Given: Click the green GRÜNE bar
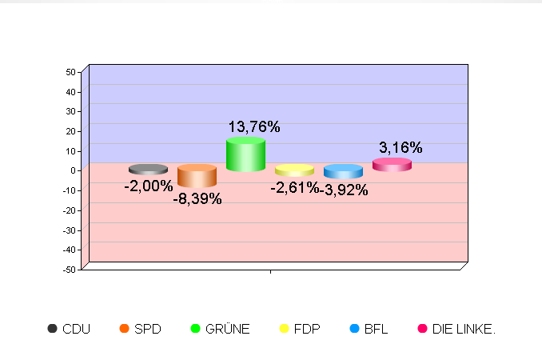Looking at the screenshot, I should coord(245,154).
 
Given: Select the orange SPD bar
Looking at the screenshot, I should coord(197,176).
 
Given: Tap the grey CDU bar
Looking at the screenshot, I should coord(148,170).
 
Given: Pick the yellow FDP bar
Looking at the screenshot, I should coord(294,170).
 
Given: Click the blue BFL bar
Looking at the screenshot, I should coord(343,171).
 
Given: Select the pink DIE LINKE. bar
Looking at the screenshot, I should coord(392,165).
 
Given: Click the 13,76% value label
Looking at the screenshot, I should coord(254,126).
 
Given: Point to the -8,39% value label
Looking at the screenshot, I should coord(197,198).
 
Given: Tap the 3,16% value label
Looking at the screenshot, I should coord(401,147).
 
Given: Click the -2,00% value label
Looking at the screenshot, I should coord(148,186).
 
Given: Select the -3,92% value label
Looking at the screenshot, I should coord(345,190).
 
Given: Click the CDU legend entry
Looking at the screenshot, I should coord(69,329).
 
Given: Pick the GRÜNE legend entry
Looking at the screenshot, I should coord(220,329).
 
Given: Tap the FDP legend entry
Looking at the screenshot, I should coord(299,329).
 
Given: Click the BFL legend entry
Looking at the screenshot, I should coord(369,329).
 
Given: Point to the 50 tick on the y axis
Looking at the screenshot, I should coord(70,72).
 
